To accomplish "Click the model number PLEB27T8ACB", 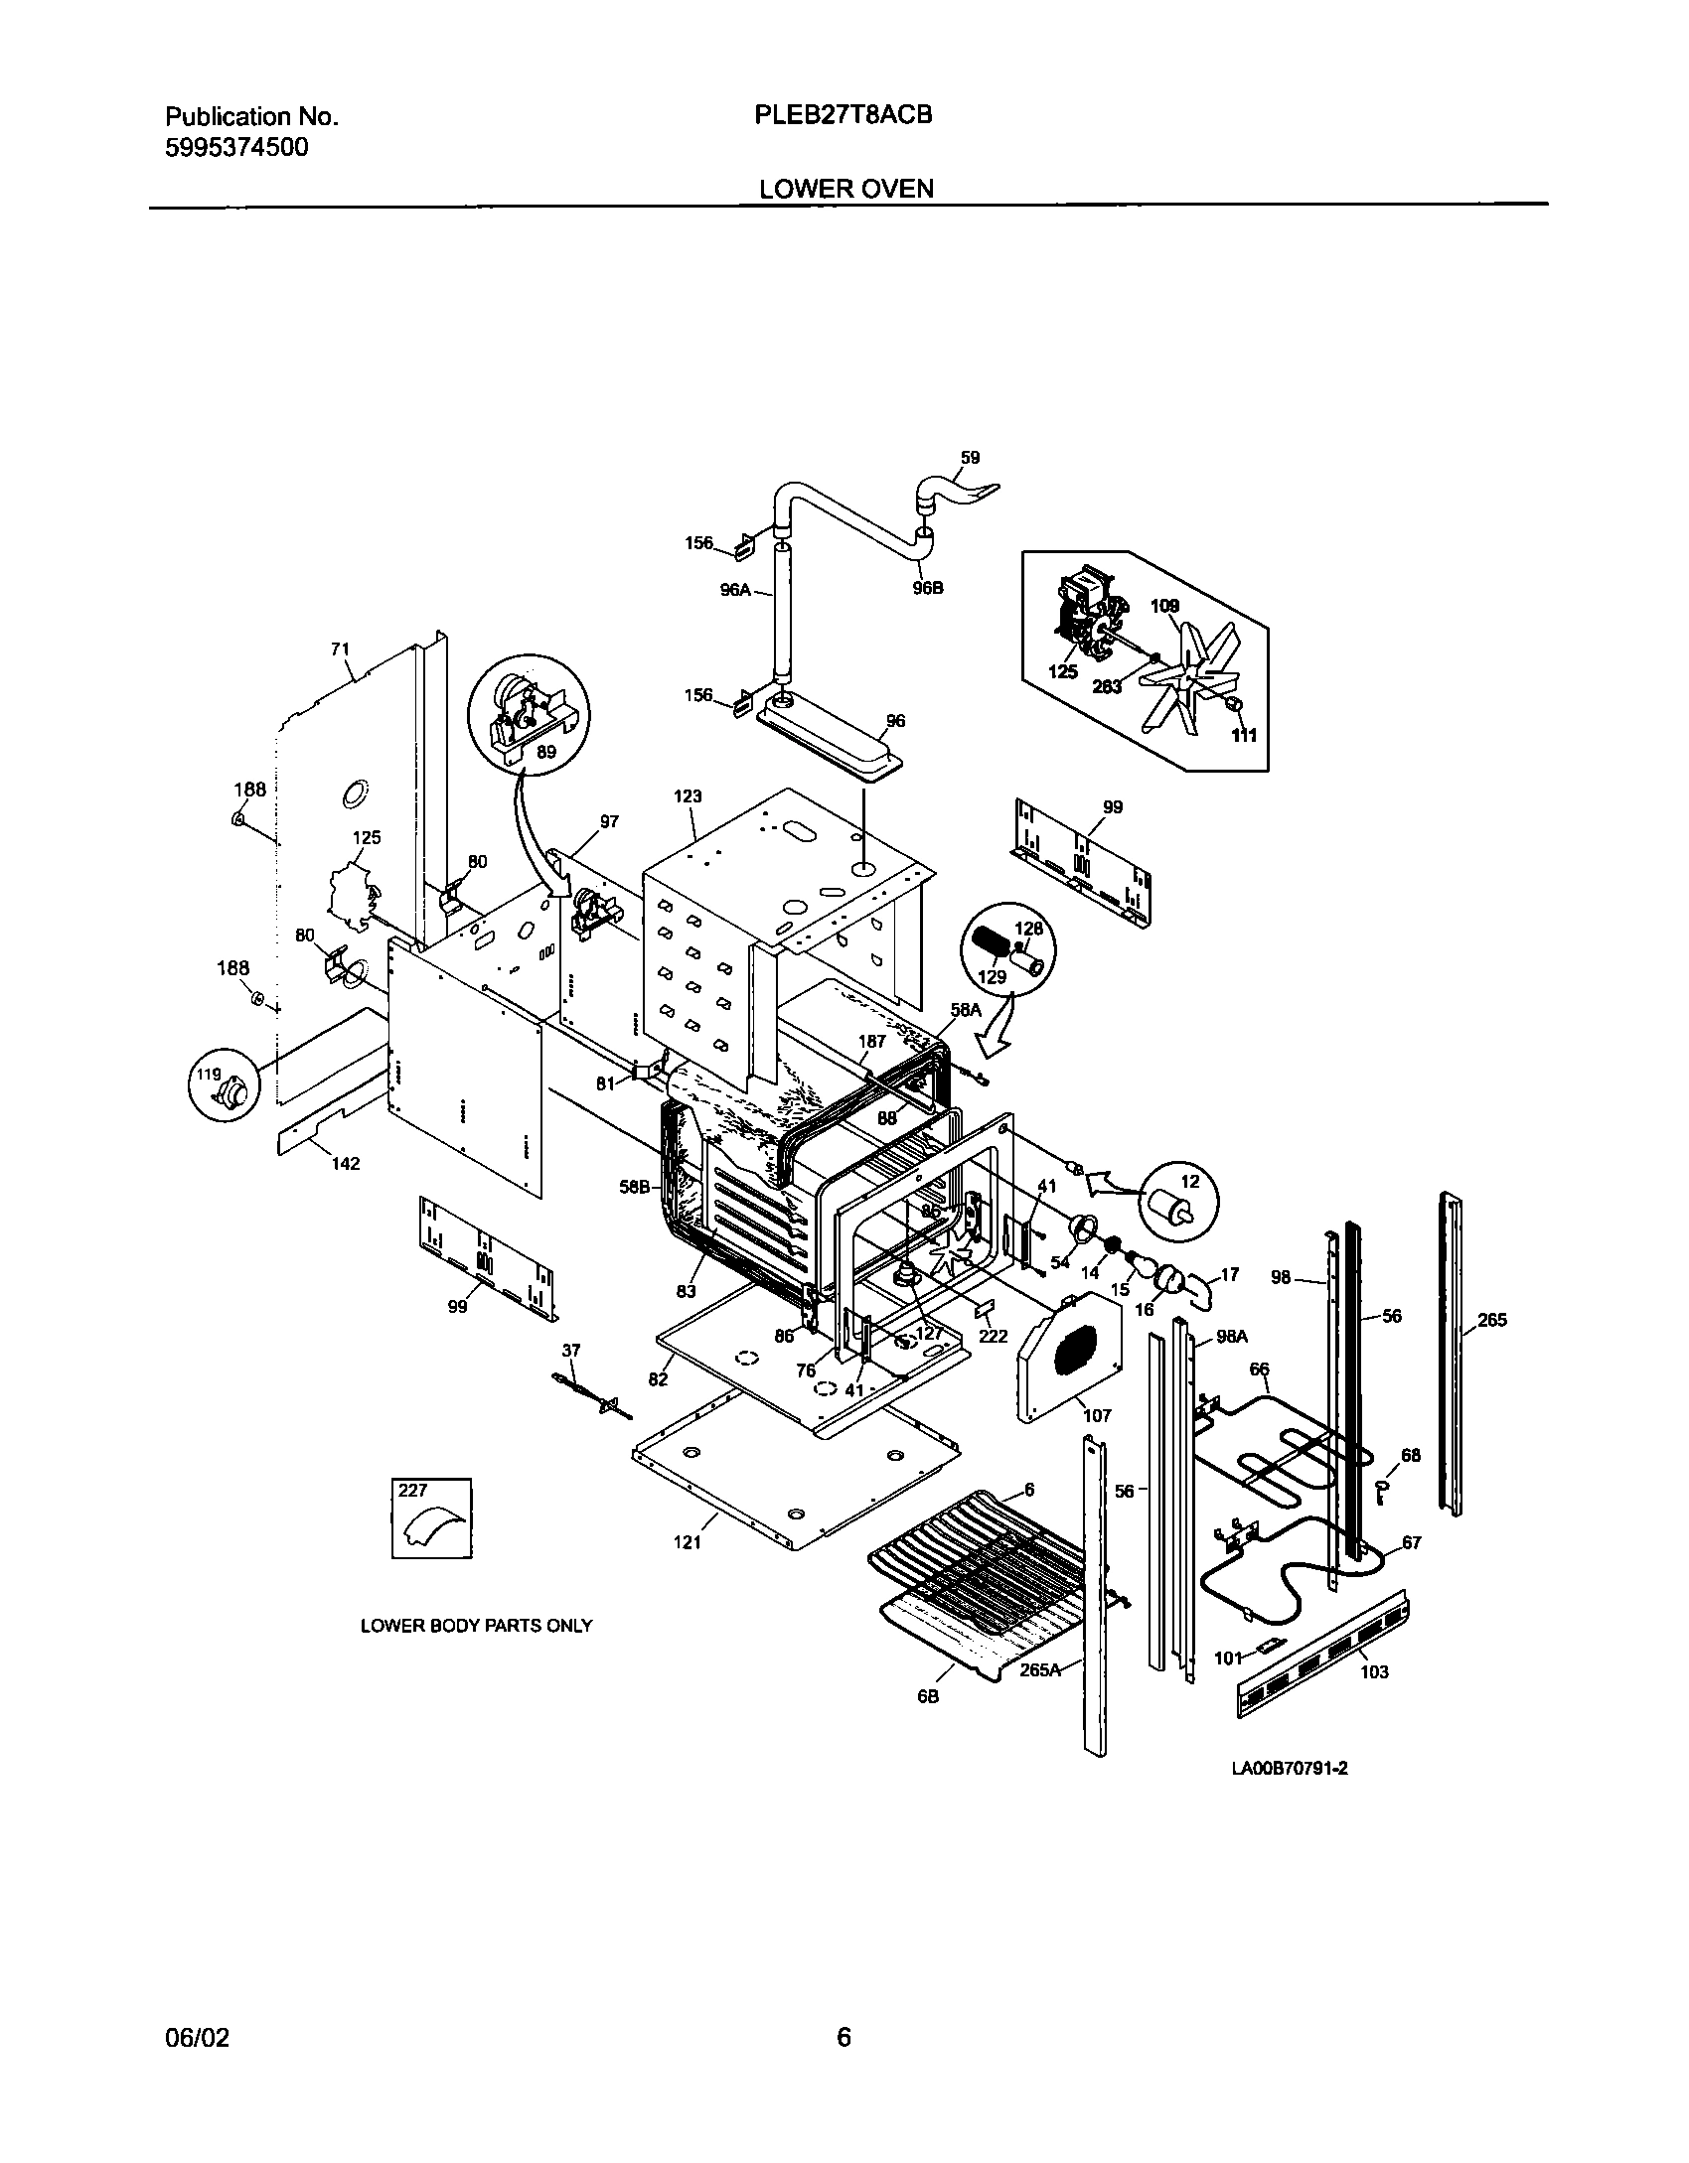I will tap(844, 115).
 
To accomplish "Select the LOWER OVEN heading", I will tap(846, 189).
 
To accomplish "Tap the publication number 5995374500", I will tap(236, 148).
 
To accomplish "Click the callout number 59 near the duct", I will tap(970, 458).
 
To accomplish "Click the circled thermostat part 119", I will tap(228, 1092).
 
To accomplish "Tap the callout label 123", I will tap(688, 795).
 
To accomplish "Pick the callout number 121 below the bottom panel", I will tap(688, 1541).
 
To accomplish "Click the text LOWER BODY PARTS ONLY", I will tap(476, 1626).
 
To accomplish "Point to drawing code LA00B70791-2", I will tap(1290, 1768).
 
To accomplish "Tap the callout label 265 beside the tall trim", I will tap(1491, 1320).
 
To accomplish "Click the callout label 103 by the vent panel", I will tap(1374, 1671).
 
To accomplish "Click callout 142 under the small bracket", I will tap(346, 1163).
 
